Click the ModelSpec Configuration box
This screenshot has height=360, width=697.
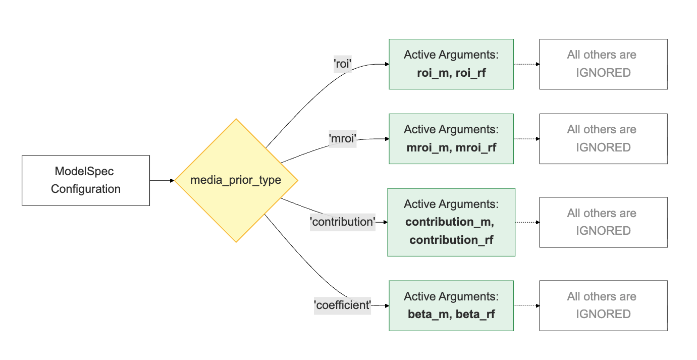tap(85, 180)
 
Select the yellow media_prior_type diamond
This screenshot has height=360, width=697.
tap(236, 180)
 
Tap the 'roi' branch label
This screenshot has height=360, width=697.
tap(343, 64)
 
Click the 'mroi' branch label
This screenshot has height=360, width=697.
tap(343, 139)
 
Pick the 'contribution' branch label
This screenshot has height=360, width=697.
tap(343, 222)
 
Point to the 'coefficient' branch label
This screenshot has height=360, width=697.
tap(343, 305)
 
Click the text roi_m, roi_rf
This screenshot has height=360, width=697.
tap(451, 73)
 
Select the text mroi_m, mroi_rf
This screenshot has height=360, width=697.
tap(451, 147)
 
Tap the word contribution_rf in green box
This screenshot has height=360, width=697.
tap(451, 240)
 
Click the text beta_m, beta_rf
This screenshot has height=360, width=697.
tap(451, 314)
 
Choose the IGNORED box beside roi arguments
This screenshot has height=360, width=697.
tap(603, 64)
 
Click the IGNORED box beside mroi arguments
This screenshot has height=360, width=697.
tap(603, 139)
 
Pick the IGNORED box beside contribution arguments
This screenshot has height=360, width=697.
tap(603, 222)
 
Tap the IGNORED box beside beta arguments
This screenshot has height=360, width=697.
tap(603, 305)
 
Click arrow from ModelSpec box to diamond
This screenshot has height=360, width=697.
tap(162, 180)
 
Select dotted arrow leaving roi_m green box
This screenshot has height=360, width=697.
tap(526, 64)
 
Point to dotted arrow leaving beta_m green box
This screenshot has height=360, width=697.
tap(526, 306)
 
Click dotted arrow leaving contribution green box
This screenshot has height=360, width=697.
tap(527, 222)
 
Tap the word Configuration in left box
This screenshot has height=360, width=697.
tap(85, 189)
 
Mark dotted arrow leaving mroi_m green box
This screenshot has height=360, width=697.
tap(526, 139)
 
